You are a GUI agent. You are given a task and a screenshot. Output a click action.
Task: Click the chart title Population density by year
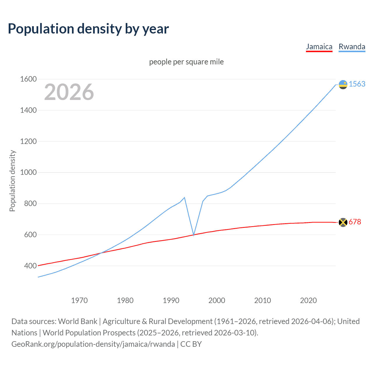coord(88,29)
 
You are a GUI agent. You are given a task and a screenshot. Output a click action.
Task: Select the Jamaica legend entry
coord(319,47)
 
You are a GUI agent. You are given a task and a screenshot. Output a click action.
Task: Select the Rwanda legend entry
coord(352,47)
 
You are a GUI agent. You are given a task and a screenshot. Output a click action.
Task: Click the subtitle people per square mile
coord(186,62)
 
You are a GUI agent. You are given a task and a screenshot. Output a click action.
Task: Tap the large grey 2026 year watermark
coord(69,92)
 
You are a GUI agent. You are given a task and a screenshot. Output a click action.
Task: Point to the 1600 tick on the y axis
coord(28,79)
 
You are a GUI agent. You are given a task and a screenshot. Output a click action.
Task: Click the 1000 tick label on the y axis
coord(28,173)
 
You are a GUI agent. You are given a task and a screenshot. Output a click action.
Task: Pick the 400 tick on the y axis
coord(30,266)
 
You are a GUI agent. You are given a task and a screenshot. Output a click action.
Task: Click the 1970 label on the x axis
coord(79,300)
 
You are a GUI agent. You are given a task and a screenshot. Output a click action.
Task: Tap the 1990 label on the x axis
coord(171,300)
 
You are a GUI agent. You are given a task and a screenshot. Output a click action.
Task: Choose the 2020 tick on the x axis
coord(308,300)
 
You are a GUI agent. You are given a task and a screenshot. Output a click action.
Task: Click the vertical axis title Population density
coord(12,181)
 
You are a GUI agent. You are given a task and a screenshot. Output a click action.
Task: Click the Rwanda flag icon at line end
coord(343,85)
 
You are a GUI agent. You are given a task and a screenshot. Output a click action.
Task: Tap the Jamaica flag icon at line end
coord(343,222)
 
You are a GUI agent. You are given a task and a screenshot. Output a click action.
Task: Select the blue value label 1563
coord(357,84)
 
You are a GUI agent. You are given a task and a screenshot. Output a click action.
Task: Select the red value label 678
coord(355,222)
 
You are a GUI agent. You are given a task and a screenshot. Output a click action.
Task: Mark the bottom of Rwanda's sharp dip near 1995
coord(194,235)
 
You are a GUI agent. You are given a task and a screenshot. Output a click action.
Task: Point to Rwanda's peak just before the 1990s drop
coord(184,198)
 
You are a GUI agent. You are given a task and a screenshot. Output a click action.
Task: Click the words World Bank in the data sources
coord(78,321)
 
